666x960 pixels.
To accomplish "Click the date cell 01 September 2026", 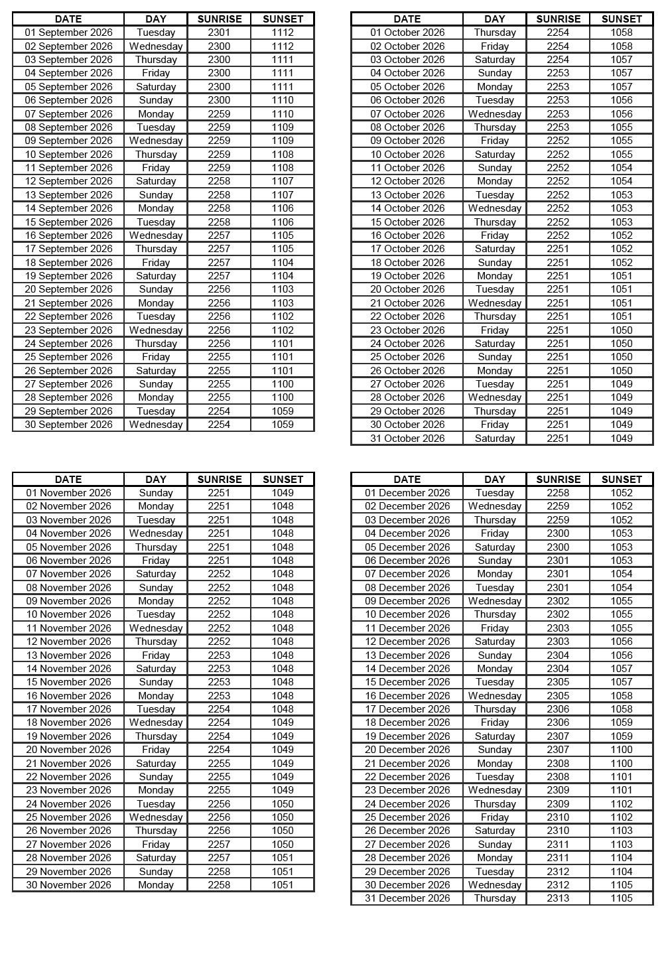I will click(x=68, y=33).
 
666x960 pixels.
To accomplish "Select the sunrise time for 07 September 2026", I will click(x=219, y=113).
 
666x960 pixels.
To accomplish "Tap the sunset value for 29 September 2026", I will click(x=283, y=411).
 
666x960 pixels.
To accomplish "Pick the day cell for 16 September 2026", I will click(x=156, y=236).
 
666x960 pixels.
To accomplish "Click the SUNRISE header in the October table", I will click(x=558, y=19).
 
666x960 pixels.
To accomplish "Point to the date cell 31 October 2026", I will click(x=407, y=439).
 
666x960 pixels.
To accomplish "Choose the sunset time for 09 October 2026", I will click(x=622, y=141).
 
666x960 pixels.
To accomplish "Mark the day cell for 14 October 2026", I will click(x=495, y=208).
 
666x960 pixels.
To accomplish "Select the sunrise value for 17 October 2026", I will click(x=558, y=249).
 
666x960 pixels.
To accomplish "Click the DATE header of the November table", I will click(x=68, y=479).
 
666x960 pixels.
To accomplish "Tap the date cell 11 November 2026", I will click(x=68, y=628).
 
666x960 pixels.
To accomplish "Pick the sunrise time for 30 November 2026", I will click(x=219, y=885).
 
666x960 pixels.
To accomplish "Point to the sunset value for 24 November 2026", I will click(x=283, y=804).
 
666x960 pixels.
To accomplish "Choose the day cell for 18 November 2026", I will click(x=156, y=722).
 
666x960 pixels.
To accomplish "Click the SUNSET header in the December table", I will click(x=622, y=479).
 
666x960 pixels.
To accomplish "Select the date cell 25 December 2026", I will click(x=407, y=817).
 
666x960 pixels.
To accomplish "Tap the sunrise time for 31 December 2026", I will click(x=558, y=898).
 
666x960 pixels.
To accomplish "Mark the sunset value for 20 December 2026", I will click(x=622, y=750).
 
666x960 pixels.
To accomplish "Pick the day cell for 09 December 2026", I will click(x=495, y=601).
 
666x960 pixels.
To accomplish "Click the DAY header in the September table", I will click(x=156, y=19).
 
